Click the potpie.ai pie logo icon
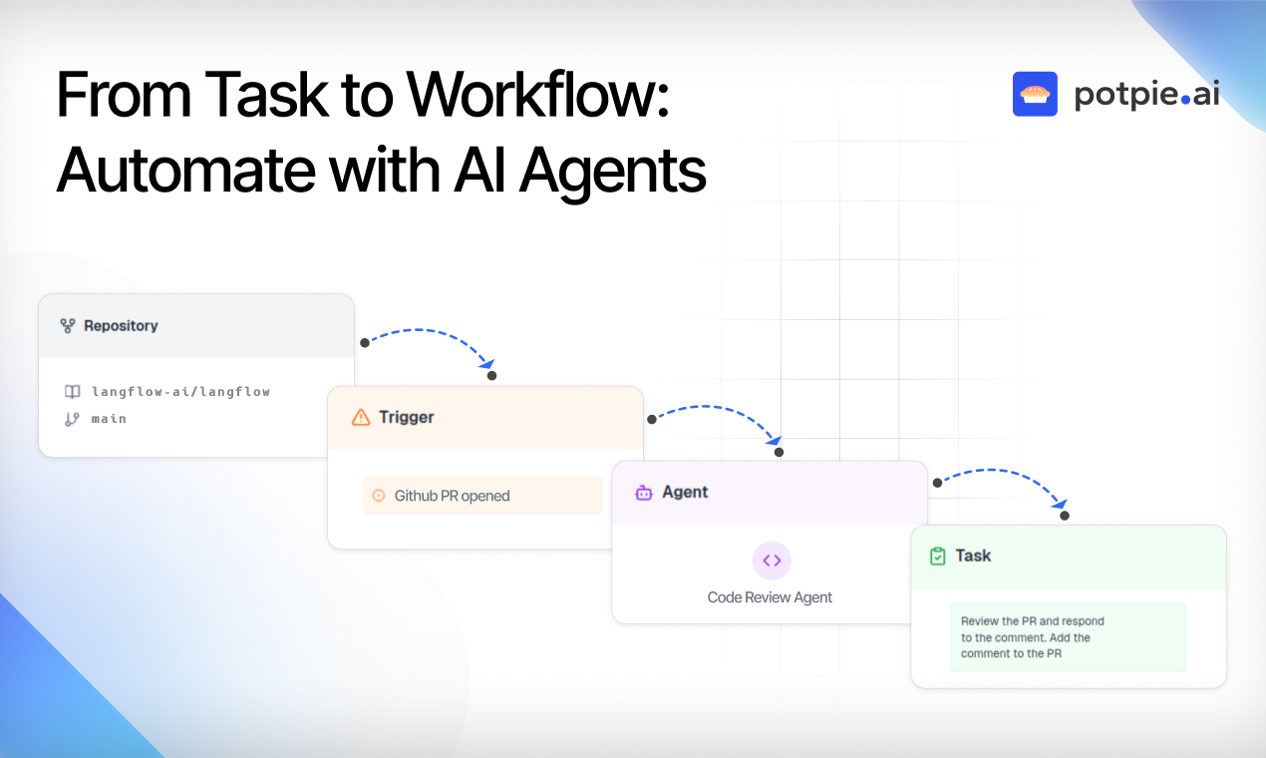tap(1035, 94)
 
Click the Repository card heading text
tap(121, 326)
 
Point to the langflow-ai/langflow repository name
tap(180, 392)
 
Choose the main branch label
tap(109, 419)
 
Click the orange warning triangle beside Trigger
tap(361, 417)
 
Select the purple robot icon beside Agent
tap(644, 493)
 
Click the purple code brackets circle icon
tap(772, 561)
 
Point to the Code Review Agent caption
tap(770, 597)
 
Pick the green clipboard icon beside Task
tap(937, 557)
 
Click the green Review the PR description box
tap(1068, 637)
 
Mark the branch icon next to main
tap(72, 419)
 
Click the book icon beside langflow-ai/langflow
tap(72, 392)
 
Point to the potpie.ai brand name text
tap(1146, 95)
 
